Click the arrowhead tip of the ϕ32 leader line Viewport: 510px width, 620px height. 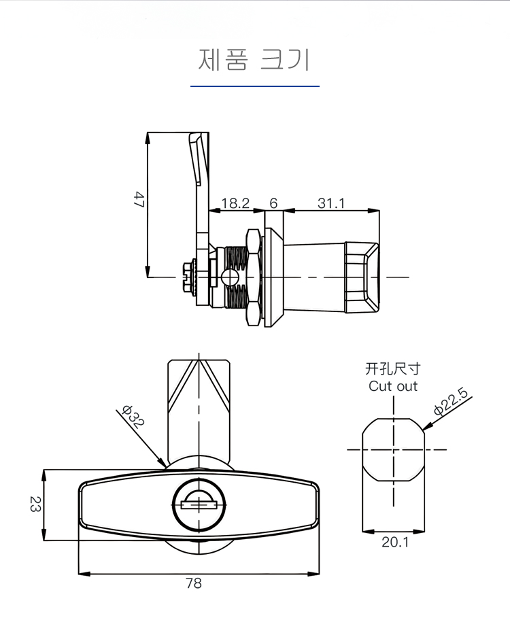pos(166,467)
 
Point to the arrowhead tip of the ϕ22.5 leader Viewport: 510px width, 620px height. pos(422,430)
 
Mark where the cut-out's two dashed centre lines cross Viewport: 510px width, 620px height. pos(393,449)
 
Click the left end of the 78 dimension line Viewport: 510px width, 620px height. pos(79,573)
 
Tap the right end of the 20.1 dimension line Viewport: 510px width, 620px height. pos(424,532)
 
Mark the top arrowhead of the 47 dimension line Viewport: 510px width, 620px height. pos(148,133)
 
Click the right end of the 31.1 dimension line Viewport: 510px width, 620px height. pos(379,211)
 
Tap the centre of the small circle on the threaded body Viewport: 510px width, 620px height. pos(231,277)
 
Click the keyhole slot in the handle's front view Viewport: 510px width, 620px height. pos(199,505)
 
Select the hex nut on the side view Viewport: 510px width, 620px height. pos(254,277)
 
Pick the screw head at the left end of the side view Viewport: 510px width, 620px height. pos(186,277)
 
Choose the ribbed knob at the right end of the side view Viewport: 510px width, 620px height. pos(362,277)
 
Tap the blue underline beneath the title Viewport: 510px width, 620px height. pos(255,86)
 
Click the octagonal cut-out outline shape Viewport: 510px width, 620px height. pos(393,449)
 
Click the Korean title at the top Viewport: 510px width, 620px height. pos(254,60)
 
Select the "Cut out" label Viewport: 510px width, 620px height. pos(393,386)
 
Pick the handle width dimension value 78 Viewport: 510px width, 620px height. pos(194,583)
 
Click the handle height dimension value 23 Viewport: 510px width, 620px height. pos(35,504)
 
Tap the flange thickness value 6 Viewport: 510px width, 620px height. pos(273,203)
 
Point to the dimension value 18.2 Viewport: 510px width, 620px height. pos(235,203)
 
